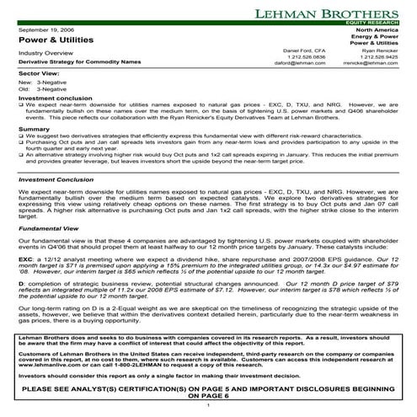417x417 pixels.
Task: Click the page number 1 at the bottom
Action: point(207,404)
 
